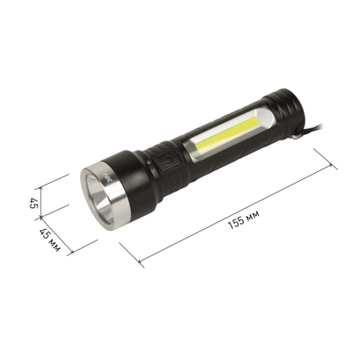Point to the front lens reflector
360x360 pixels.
point(99,199)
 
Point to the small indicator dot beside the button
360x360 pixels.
point(149,163)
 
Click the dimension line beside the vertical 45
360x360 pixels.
point(41,202)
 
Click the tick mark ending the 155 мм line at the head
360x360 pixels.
point(139,261)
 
